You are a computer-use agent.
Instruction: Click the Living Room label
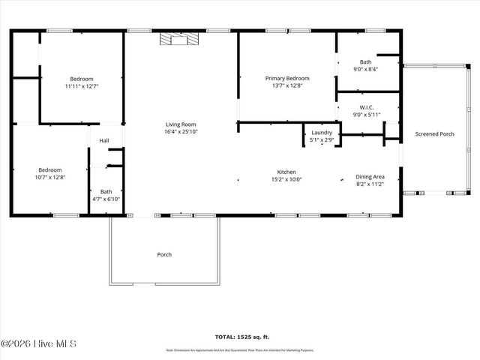pos(181,124)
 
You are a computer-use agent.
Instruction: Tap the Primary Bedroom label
pos(287,78)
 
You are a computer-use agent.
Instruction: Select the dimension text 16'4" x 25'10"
pos(181,132)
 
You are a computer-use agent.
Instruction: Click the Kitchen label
pos(286,172)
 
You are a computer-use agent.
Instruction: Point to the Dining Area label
pos(370,176)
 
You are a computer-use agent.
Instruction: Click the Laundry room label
pos(322,132)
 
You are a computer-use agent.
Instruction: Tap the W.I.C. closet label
pos(367,107)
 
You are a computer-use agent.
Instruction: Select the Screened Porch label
pos(435,134)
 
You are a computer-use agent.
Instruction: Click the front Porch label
pos(164,254)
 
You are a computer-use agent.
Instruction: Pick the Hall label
pos(104,140)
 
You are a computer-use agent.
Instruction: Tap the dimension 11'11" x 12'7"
pos(82,86)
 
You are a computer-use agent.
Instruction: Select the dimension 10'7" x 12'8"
pos(50,177)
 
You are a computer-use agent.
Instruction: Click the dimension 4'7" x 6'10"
pos(106,199)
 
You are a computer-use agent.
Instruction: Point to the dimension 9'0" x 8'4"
pos(366,69)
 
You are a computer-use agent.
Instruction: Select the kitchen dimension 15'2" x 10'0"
pos(286,179)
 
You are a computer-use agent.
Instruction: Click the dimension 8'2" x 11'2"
pos(370,184)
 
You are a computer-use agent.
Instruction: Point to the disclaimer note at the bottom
pos(240,350)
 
